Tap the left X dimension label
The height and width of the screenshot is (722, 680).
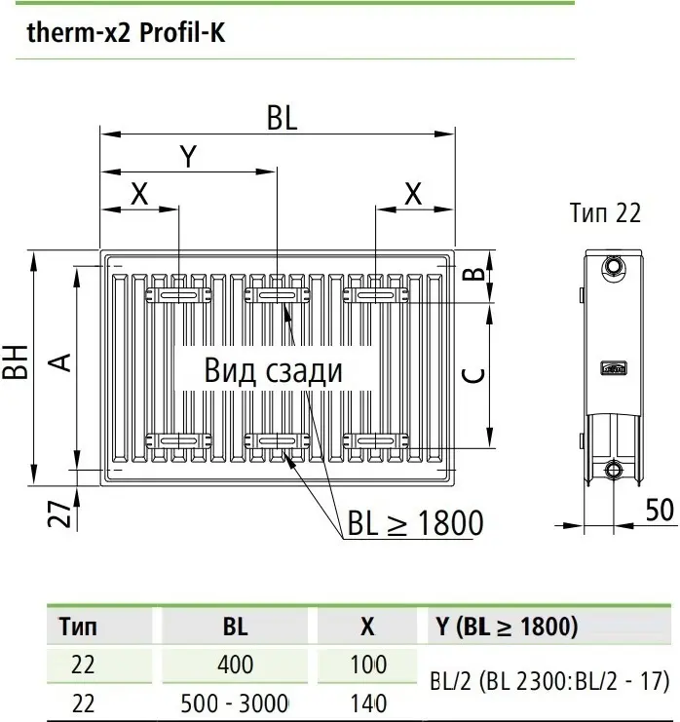[138, 194]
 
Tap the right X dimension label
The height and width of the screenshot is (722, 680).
[413, 194]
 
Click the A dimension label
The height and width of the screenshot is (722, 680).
[60, 362]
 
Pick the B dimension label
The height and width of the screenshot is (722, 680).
[472, 274]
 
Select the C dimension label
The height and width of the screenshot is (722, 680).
[472, 374]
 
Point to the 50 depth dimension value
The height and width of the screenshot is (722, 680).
[660, 510]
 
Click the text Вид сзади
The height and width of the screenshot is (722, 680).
[274, 371]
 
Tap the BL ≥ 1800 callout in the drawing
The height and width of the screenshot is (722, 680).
[415, 523]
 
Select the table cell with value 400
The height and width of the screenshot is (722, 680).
[235, 665]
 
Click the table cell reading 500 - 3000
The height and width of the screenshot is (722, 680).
[235, 703]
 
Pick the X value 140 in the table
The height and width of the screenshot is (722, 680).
[367, 703]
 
